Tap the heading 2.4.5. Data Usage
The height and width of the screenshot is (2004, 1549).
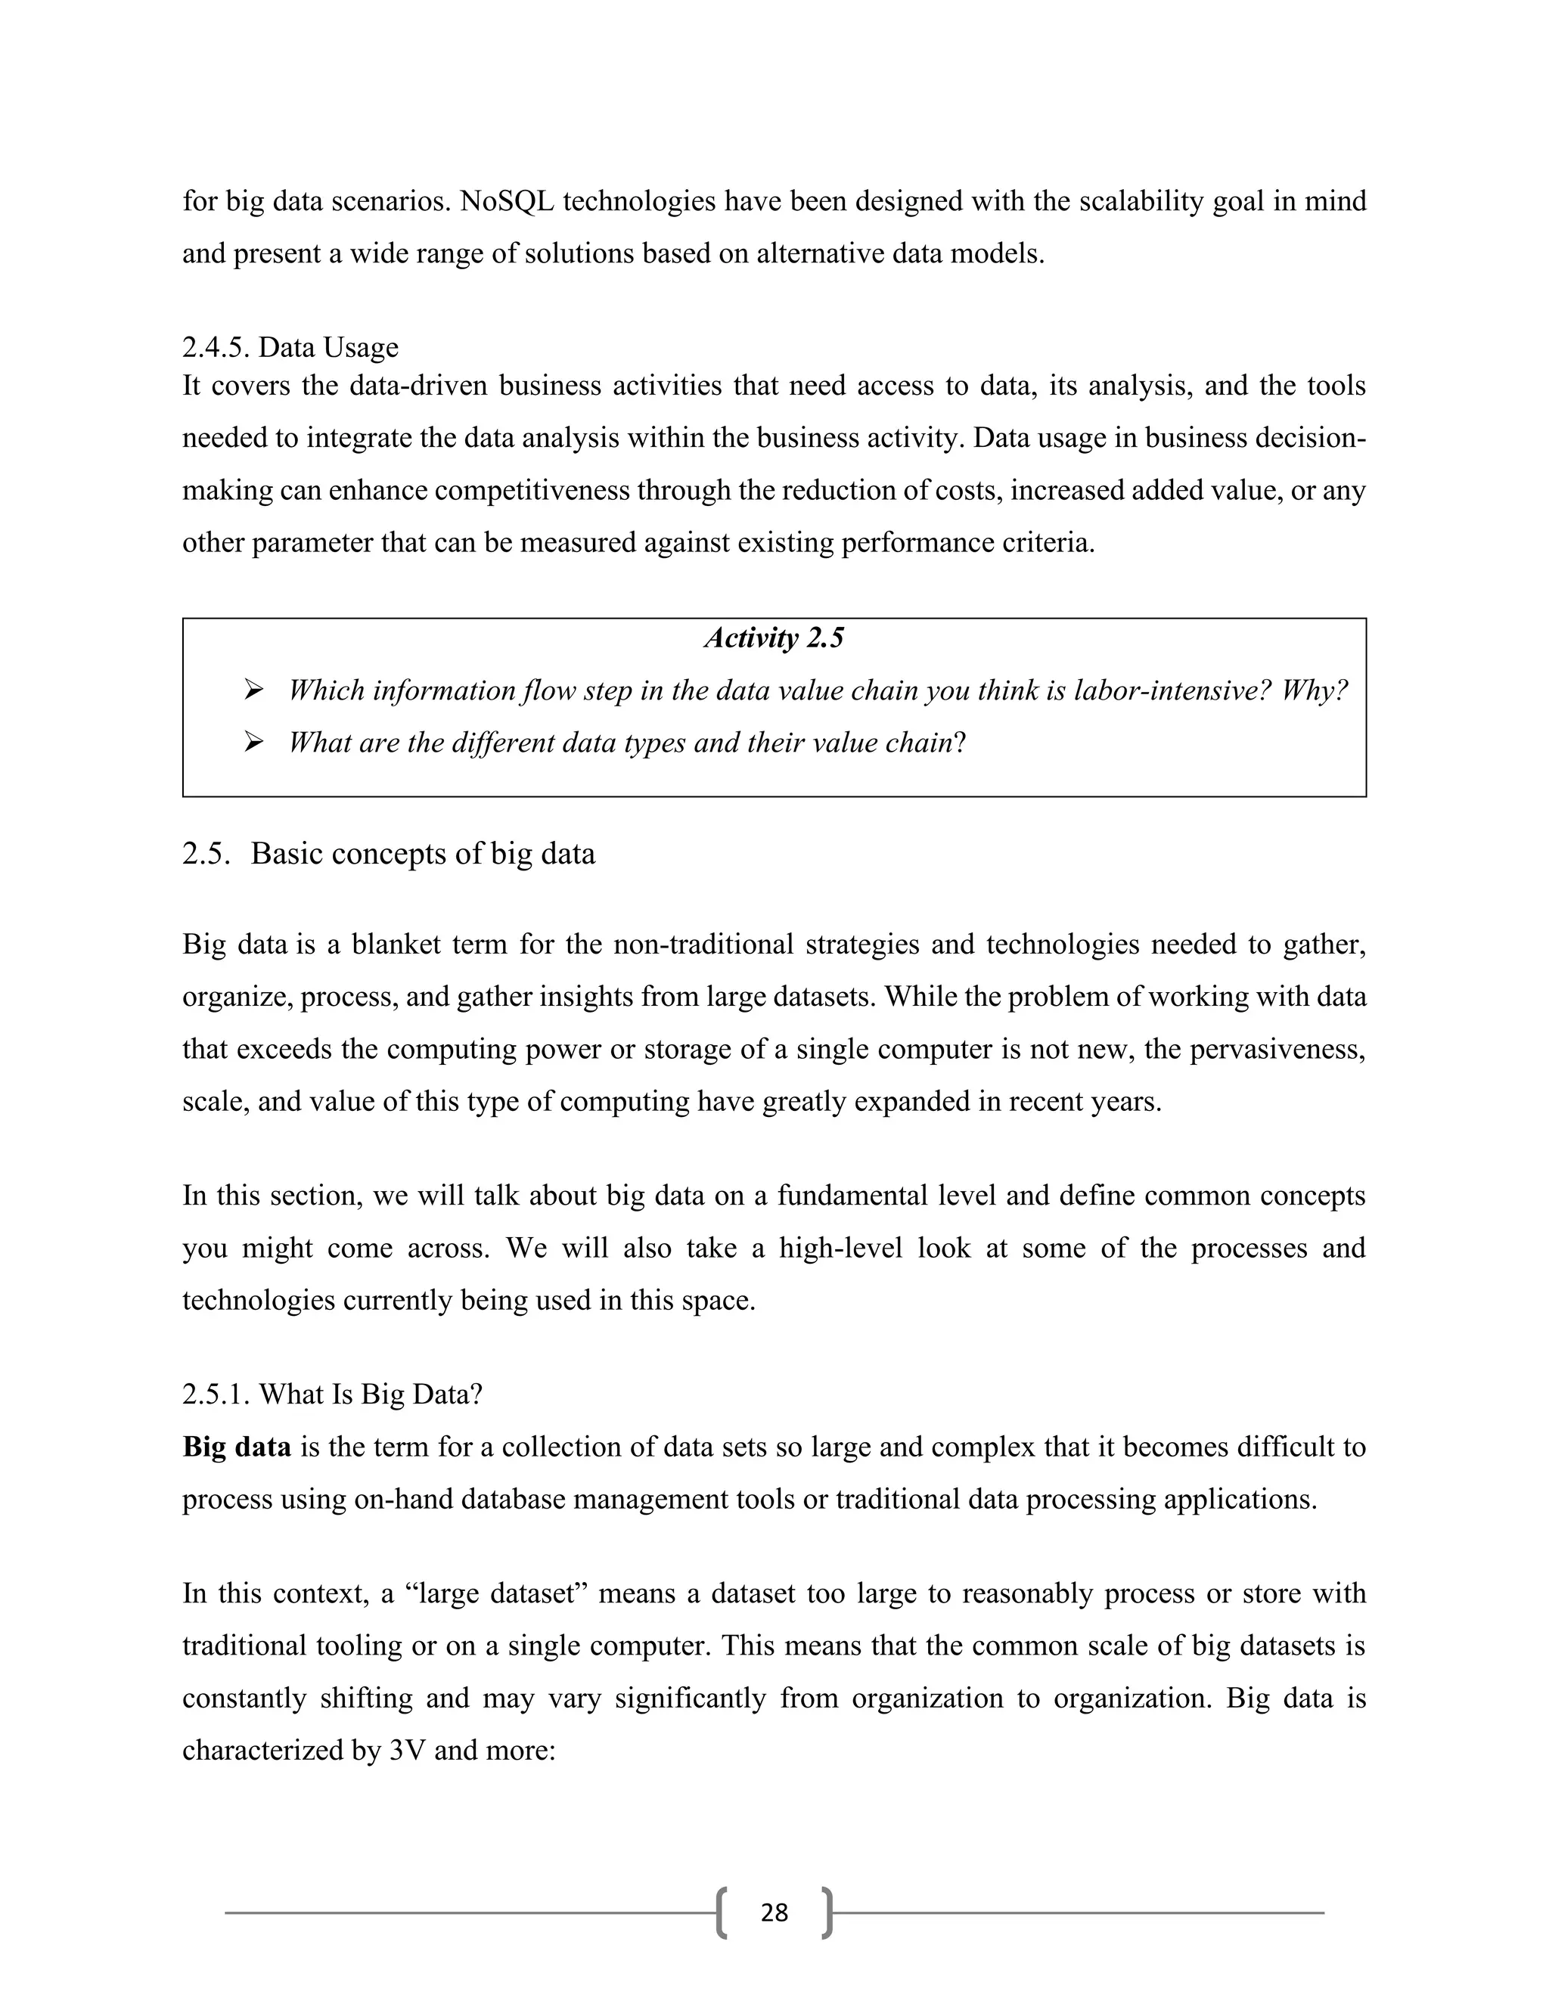point(290,348)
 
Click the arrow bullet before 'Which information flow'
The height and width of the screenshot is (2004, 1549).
point(254,689)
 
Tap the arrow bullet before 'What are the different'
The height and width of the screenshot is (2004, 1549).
point(254,741)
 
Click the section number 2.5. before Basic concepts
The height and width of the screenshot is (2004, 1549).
point(206,855)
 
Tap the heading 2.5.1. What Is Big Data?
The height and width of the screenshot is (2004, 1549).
point(332,1394)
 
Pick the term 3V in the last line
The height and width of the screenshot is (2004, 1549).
point(408,1751)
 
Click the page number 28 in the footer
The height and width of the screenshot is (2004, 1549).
point(774,1912)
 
